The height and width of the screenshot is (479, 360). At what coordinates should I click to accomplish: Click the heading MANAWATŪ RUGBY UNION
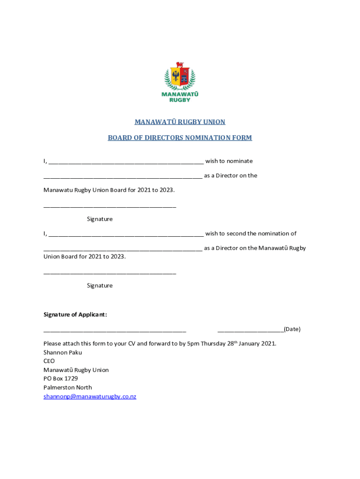coord(180,122)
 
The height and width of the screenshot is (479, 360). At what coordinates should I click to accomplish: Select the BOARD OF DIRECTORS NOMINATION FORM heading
coord(180,138)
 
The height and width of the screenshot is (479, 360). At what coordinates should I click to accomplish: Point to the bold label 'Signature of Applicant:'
coord(75,315)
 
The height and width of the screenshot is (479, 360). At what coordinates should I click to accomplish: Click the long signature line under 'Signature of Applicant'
coord(115,331)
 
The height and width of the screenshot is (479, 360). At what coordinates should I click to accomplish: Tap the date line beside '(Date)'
coord(251,331)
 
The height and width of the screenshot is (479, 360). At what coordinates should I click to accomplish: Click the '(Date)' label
coord(292,329)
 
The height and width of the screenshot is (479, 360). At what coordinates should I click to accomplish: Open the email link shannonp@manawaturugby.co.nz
coord(90,397)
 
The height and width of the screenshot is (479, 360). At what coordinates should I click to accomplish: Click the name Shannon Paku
coord(63,353)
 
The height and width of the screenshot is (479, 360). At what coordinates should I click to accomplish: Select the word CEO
coord(49,361)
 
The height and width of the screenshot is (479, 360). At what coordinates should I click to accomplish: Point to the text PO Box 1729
coord(61,379)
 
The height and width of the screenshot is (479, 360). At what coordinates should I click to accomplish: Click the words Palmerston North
coord(68,388)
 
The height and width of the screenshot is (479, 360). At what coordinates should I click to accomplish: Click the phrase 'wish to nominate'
coord(229,161)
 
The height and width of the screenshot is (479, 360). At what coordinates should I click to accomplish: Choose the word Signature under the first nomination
coord(100,219)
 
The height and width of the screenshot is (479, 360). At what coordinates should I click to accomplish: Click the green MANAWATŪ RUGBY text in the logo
coord(180,97)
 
